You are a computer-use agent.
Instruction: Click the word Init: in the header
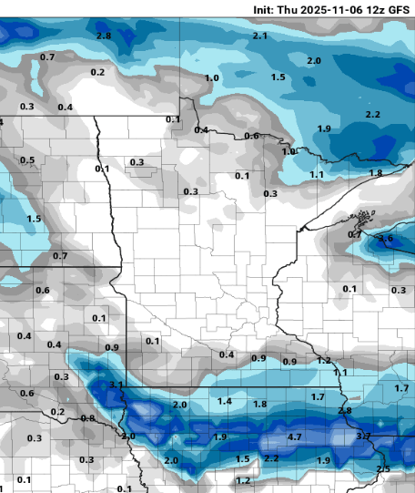(268, 8)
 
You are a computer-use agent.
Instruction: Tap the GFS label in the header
(399, 8)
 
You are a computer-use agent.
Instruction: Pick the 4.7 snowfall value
(295, 437)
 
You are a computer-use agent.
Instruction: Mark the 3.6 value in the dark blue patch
(385, 239)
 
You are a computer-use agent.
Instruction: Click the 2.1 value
(259, 36)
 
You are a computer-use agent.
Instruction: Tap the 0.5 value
(27, 160)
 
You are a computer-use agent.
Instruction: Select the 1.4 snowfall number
(225, 401)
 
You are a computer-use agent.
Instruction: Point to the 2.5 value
(383, 468)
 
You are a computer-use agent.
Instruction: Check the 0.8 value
(87, 418)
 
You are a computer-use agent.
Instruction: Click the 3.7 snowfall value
(362, 437)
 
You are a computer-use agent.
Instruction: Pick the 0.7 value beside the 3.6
(355, 234)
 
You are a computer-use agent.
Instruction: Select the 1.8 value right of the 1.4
(259, 404)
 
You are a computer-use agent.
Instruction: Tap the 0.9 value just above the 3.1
(112, 348)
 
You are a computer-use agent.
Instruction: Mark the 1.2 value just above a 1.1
(324, 361)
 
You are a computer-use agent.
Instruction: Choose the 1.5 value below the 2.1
(278, 77)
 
